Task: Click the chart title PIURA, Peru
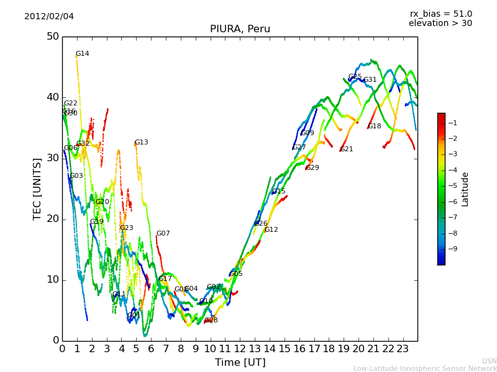pos(240,29)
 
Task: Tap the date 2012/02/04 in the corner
pos(49,16)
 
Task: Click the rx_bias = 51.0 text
pos(440,14)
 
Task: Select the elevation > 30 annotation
pos(440,24)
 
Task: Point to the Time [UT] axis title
pos(240,363)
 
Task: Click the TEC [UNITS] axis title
pos(37,188)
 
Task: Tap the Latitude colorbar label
pos(465,189)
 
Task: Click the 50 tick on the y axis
pos(52,37)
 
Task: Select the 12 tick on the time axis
pos(240,348)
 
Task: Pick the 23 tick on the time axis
pos(403,348)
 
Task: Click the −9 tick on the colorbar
pos(453,249)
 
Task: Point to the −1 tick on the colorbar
pos(453,123)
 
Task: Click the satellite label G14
pos(82,54)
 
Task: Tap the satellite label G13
pos(141,143)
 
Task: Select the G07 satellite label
pos(163,234)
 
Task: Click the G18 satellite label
pos(375,126)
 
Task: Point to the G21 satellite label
pos(347,149)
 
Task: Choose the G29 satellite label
pos(312,168)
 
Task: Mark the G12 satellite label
pos(271,230)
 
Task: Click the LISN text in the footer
pos(490,361)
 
